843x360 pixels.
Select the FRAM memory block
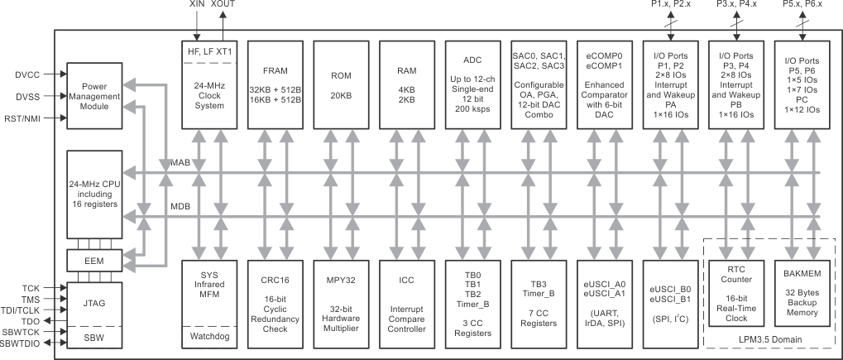275,82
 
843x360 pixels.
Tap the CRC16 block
275,304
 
